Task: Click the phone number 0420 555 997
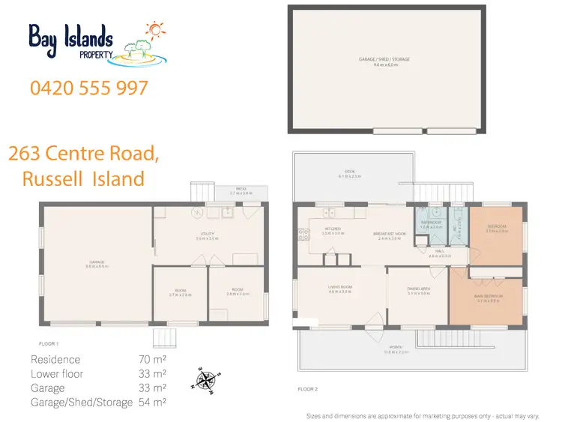[x=89, y=88]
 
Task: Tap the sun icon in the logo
[x=154, y=31]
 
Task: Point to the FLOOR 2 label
[x=307, y=390]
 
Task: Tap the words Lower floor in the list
[x=58, y=374]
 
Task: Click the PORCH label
[x=395, y=347]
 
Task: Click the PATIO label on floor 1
[x=241, y=189]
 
